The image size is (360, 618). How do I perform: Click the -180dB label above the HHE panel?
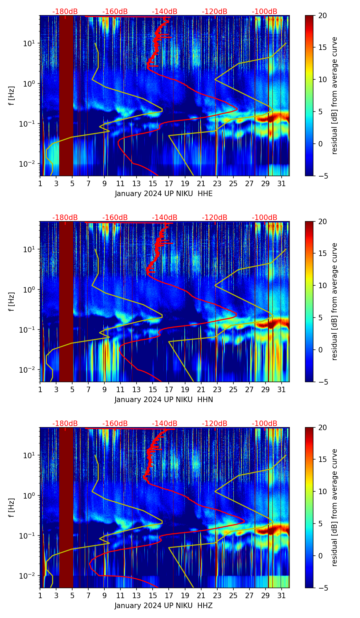tap(65, 12)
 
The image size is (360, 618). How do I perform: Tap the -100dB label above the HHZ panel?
tap(265, 424)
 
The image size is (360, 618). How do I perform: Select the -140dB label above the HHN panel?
tap(165, 218)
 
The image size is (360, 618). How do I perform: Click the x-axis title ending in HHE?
tap(164, 194)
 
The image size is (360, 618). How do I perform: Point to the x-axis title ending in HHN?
tap(164, 400)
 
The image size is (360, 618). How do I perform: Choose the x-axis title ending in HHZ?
tap(164, 606)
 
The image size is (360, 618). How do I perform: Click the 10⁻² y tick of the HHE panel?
tap(31, 164)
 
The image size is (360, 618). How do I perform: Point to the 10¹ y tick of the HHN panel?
tap(32, 249)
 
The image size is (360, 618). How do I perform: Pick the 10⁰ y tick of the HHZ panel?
tap(32, 495)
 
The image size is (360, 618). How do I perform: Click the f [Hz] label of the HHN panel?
tap(12, 301)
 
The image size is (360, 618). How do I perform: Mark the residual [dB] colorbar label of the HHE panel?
tap(335, 95)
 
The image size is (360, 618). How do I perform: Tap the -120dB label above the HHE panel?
tap(215, 12)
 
